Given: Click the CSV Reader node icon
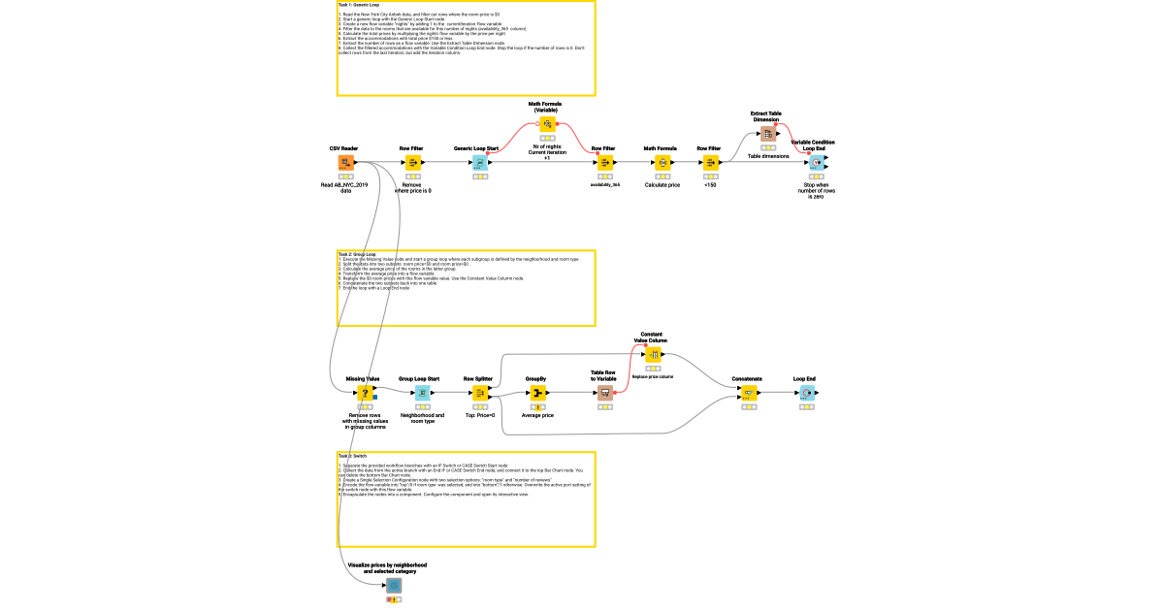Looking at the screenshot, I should [344, 162].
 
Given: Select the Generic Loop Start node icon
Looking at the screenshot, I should [478, 162].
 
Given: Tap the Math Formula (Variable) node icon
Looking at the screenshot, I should [546, 124].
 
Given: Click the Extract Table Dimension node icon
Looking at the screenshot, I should [767, 134].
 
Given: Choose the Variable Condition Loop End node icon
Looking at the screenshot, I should [816, 162].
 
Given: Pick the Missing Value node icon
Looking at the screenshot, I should [365, 393].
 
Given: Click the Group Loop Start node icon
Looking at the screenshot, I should [423, 393].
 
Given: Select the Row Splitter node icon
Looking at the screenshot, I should [479, 393].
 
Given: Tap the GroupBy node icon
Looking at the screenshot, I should [537, 393].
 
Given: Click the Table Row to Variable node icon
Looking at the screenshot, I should [604, 393].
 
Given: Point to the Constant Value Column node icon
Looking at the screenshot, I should [653, 355].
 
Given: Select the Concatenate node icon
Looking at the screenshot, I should [748, 393].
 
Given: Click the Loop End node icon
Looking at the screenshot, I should [806, 393].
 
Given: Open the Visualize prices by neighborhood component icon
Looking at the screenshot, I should [394, 586].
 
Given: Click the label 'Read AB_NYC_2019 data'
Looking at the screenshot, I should [345, 187].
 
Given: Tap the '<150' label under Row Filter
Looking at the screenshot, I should [710, 184].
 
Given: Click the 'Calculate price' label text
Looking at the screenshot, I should [663, 184].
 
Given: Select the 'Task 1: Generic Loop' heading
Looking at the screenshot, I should [360, 5].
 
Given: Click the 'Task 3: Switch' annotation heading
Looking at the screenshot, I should [353, 456].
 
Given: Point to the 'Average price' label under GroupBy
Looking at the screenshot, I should [537, 415].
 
